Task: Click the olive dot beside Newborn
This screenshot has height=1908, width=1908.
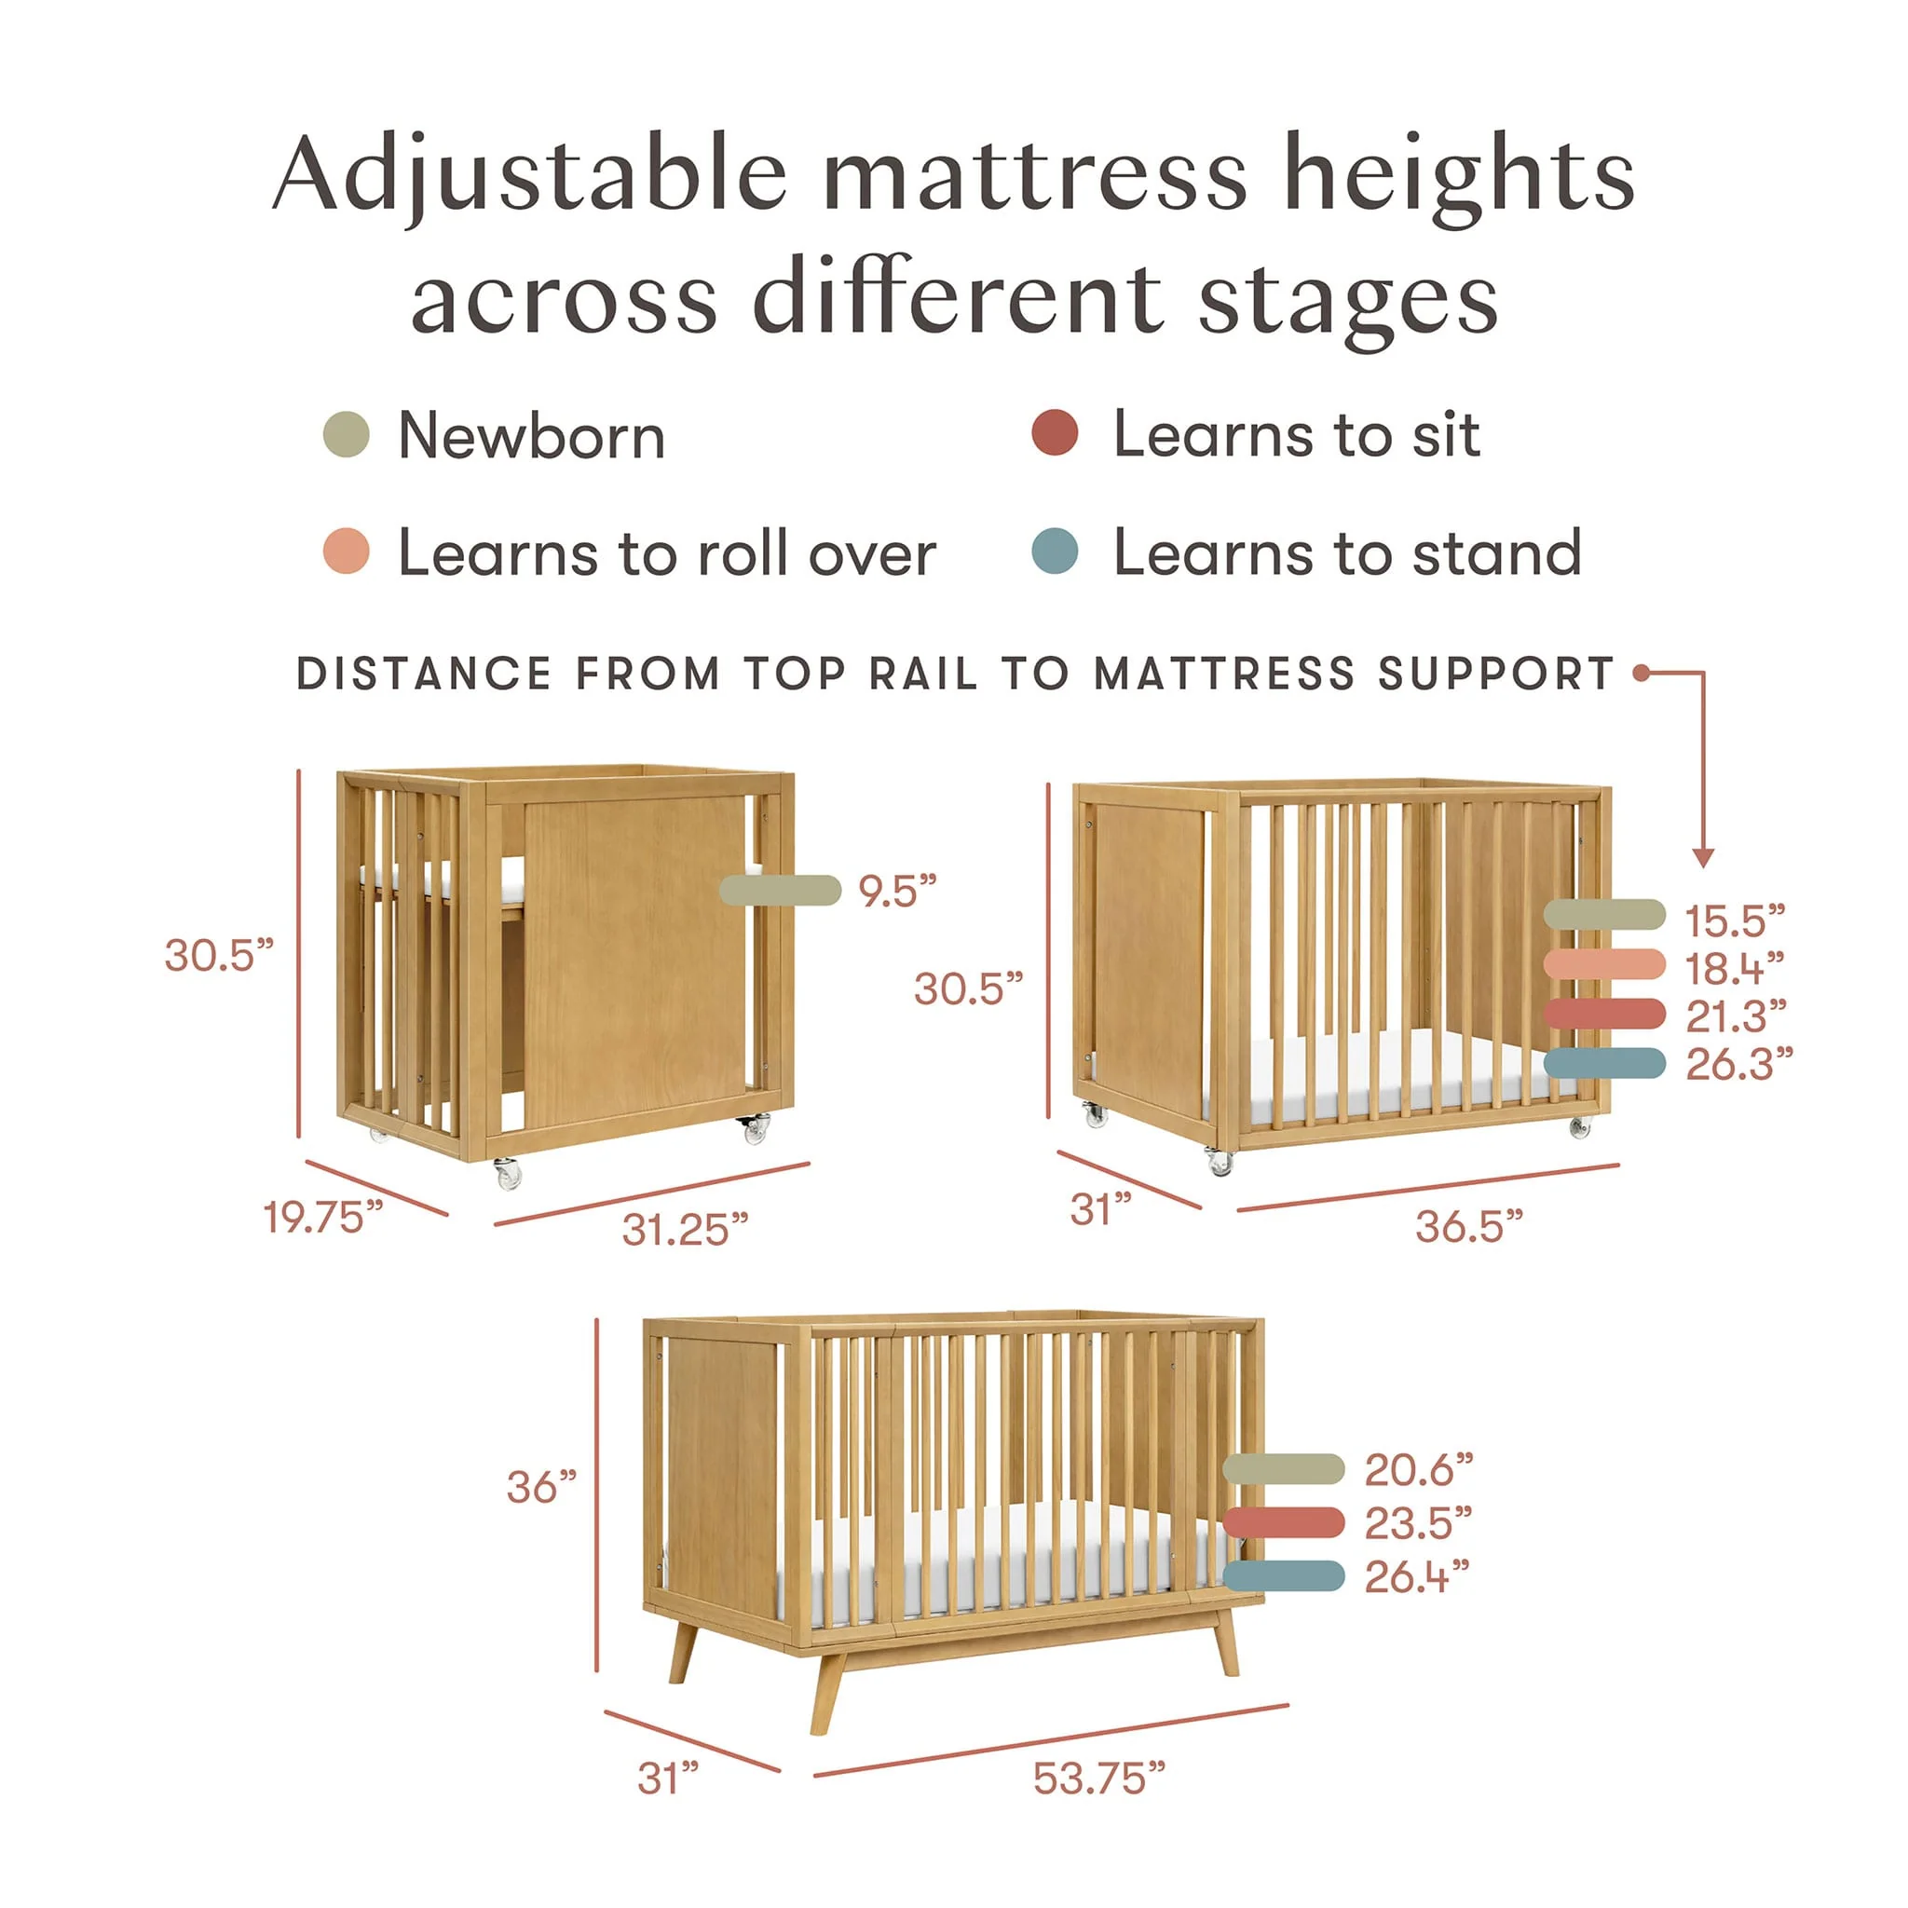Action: click(346, 434)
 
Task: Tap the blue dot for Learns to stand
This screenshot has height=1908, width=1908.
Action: click(1055, 552)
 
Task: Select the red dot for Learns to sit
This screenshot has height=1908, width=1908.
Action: click(1055, 432)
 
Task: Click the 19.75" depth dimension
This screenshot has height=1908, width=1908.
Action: click(323, 1218)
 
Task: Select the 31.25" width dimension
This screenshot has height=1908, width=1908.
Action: click(685, 1230)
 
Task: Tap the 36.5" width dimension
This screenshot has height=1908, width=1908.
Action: click(1469, 1227)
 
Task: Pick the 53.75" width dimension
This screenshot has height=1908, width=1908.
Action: click(1099, 1779)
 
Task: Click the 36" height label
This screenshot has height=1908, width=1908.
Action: click(541, 1487)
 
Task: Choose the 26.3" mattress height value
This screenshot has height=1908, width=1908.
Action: click(1739, 1064)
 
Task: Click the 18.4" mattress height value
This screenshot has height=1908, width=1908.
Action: click(1735, 968)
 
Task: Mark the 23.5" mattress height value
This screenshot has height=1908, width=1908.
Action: click(1418, 1524)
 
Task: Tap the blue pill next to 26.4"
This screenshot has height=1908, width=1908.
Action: click(1284, 1576)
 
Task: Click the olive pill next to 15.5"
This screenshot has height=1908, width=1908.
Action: click(1605, 915)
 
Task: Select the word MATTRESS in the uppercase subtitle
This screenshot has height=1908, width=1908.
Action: click(1224, 674)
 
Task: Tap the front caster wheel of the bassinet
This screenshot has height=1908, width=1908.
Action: click(508, 1174)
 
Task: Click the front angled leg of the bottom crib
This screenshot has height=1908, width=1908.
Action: click(827, 1693)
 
